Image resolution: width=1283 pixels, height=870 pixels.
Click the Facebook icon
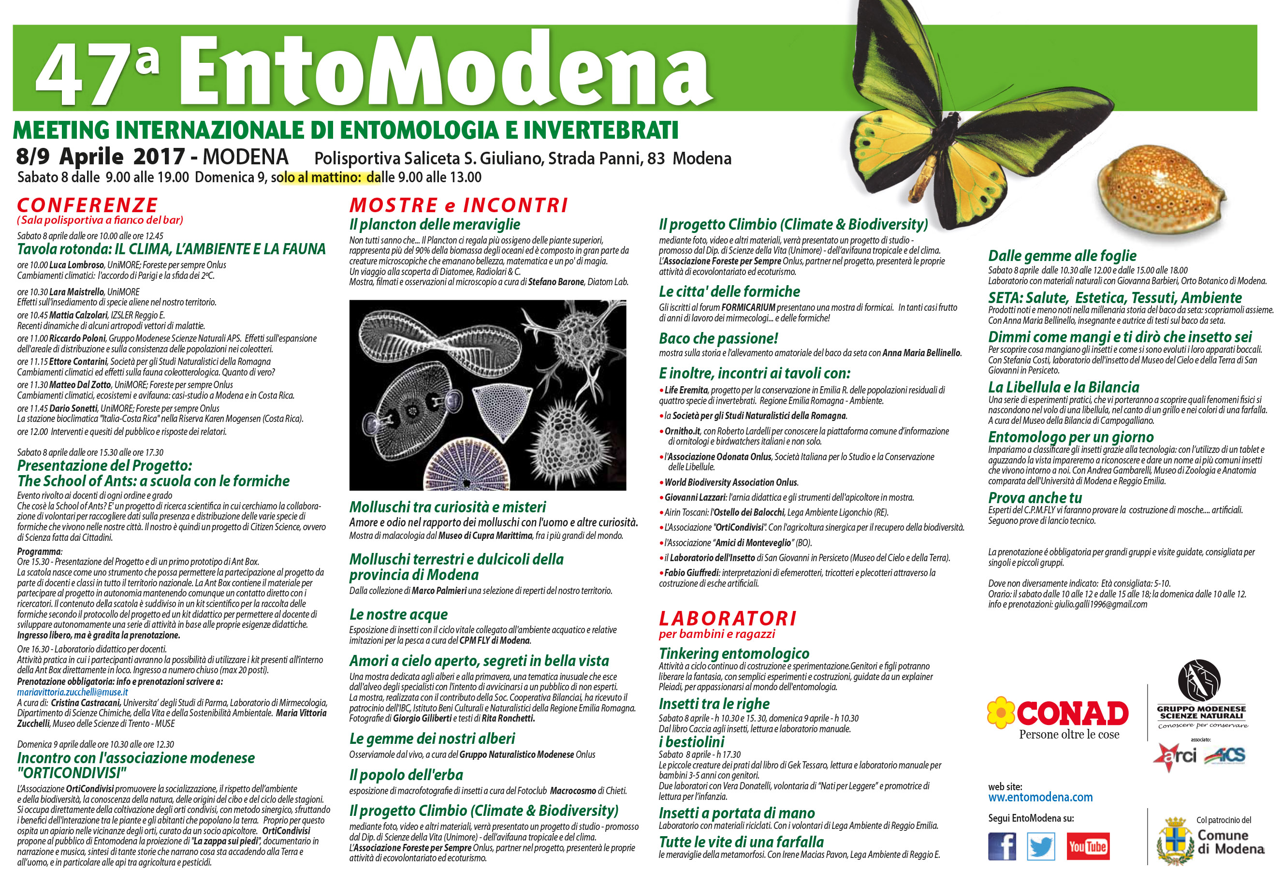click(1002, 846)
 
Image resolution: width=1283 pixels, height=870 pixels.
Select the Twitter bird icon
click(1041, 846)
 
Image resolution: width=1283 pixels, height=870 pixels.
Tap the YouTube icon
click(1088, 846)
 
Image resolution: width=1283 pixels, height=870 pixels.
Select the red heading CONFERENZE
click(87, 205)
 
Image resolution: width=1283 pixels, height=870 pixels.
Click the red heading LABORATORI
click(728, 618)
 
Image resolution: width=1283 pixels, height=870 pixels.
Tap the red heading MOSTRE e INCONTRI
click(458, 205)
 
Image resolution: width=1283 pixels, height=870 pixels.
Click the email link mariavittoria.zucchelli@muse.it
click(73, 692)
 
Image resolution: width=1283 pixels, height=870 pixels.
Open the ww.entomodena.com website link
click(1040, 797)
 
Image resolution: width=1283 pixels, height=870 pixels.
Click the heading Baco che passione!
click(718, 338)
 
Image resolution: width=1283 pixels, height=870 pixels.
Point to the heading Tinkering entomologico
click(734, 653)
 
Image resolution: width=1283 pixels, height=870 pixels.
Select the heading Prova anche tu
click(1035, 497)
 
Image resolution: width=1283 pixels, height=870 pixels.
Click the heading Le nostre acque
click(398, 614)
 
